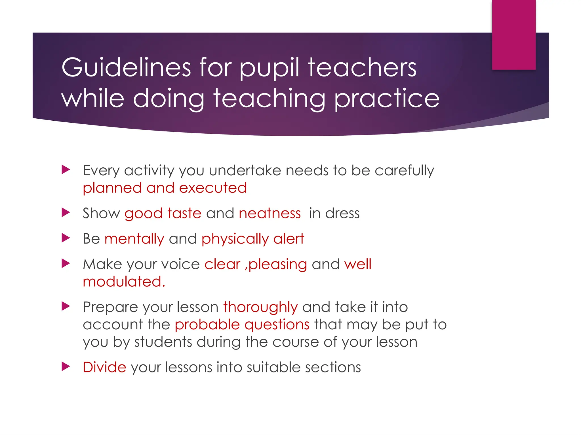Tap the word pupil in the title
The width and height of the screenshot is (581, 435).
(269, 68)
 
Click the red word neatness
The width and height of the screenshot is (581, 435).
(270, 214)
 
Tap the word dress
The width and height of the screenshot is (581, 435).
(342, 214)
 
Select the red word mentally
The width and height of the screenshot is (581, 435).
(134, 239)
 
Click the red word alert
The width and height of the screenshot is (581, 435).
(289, 239)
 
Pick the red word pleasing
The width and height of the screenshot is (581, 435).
(278, 265)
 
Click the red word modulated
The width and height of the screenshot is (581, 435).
(124, 282)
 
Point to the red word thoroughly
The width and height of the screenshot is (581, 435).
(260, 307)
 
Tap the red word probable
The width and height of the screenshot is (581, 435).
(207, 325)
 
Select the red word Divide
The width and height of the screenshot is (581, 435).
(104, 367)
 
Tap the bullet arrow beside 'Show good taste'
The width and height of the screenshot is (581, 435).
(66, 213)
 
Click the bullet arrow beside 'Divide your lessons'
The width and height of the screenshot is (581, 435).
(66, 366)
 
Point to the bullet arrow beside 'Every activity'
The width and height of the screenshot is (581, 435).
(66, 170)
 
